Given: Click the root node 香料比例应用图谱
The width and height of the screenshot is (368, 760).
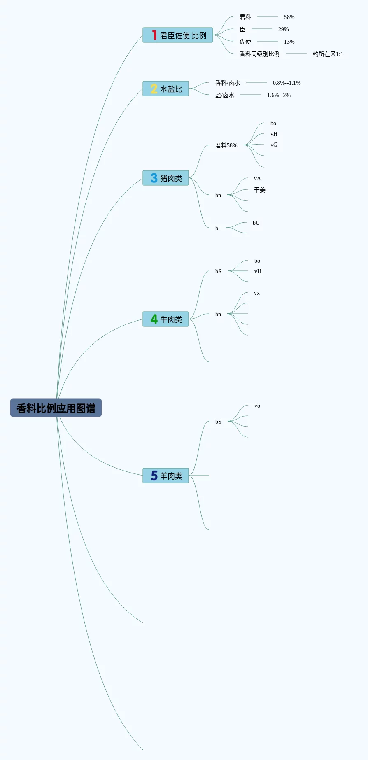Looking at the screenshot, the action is (x=56, y=408).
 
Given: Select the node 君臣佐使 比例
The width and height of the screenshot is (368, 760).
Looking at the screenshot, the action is (x=178, y=35).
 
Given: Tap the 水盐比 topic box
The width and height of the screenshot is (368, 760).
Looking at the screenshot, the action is (x=165, y=89).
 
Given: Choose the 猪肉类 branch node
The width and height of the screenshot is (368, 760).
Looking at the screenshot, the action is (x=165, y=178).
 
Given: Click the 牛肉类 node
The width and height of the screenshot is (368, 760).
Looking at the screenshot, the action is (x=165, y=319).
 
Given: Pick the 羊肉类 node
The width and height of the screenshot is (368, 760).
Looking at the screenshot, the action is (x=165, y=476).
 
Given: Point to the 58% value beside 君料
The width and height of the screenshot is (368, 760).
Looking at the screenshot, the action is (x=289, y=17).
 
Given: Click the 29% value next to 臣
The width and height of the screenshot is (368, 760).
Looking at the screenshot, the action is (x=283, y=29).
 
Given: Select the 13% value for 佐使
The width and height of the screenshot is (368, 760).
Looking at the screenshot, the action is (x=289, y=42).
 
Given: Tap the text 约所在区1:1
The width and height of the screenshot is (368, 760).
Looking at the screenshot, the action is (x=328, y=54).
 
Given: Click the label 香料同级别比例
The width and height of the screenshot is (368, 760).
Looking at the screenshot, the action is (x=259, y=54).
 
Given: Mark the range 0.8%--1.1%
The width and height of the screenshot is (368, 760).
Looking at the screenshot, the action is (x=286, y=83).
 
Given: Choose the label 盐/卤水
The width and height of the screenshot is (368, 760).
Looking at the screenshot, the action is (x=224, y=95).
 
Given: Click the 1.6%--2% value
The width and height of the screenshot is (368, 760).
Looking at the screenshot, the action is (x=279, y=95).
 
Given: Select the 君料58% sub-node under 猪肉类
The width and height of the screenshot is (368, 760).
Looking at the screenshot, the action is (x=226, y=145).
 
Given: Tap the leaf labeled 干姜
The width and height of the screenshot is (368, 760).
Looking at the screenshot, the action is (x=259, y=190).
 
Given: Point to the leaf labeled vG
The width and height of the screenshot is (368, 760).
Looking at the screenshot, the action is (x=274, y=145).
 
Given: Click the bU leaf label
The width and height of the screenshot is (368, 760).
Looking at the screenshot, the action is (x=256, y=223).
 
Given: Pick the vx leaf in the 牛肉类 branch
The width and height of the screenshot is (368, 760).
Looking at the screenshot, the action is (x=256, y=293).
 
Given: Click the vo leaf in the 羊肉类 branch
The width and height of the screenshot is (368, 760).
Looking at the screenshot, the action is (x=257, y=406).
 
